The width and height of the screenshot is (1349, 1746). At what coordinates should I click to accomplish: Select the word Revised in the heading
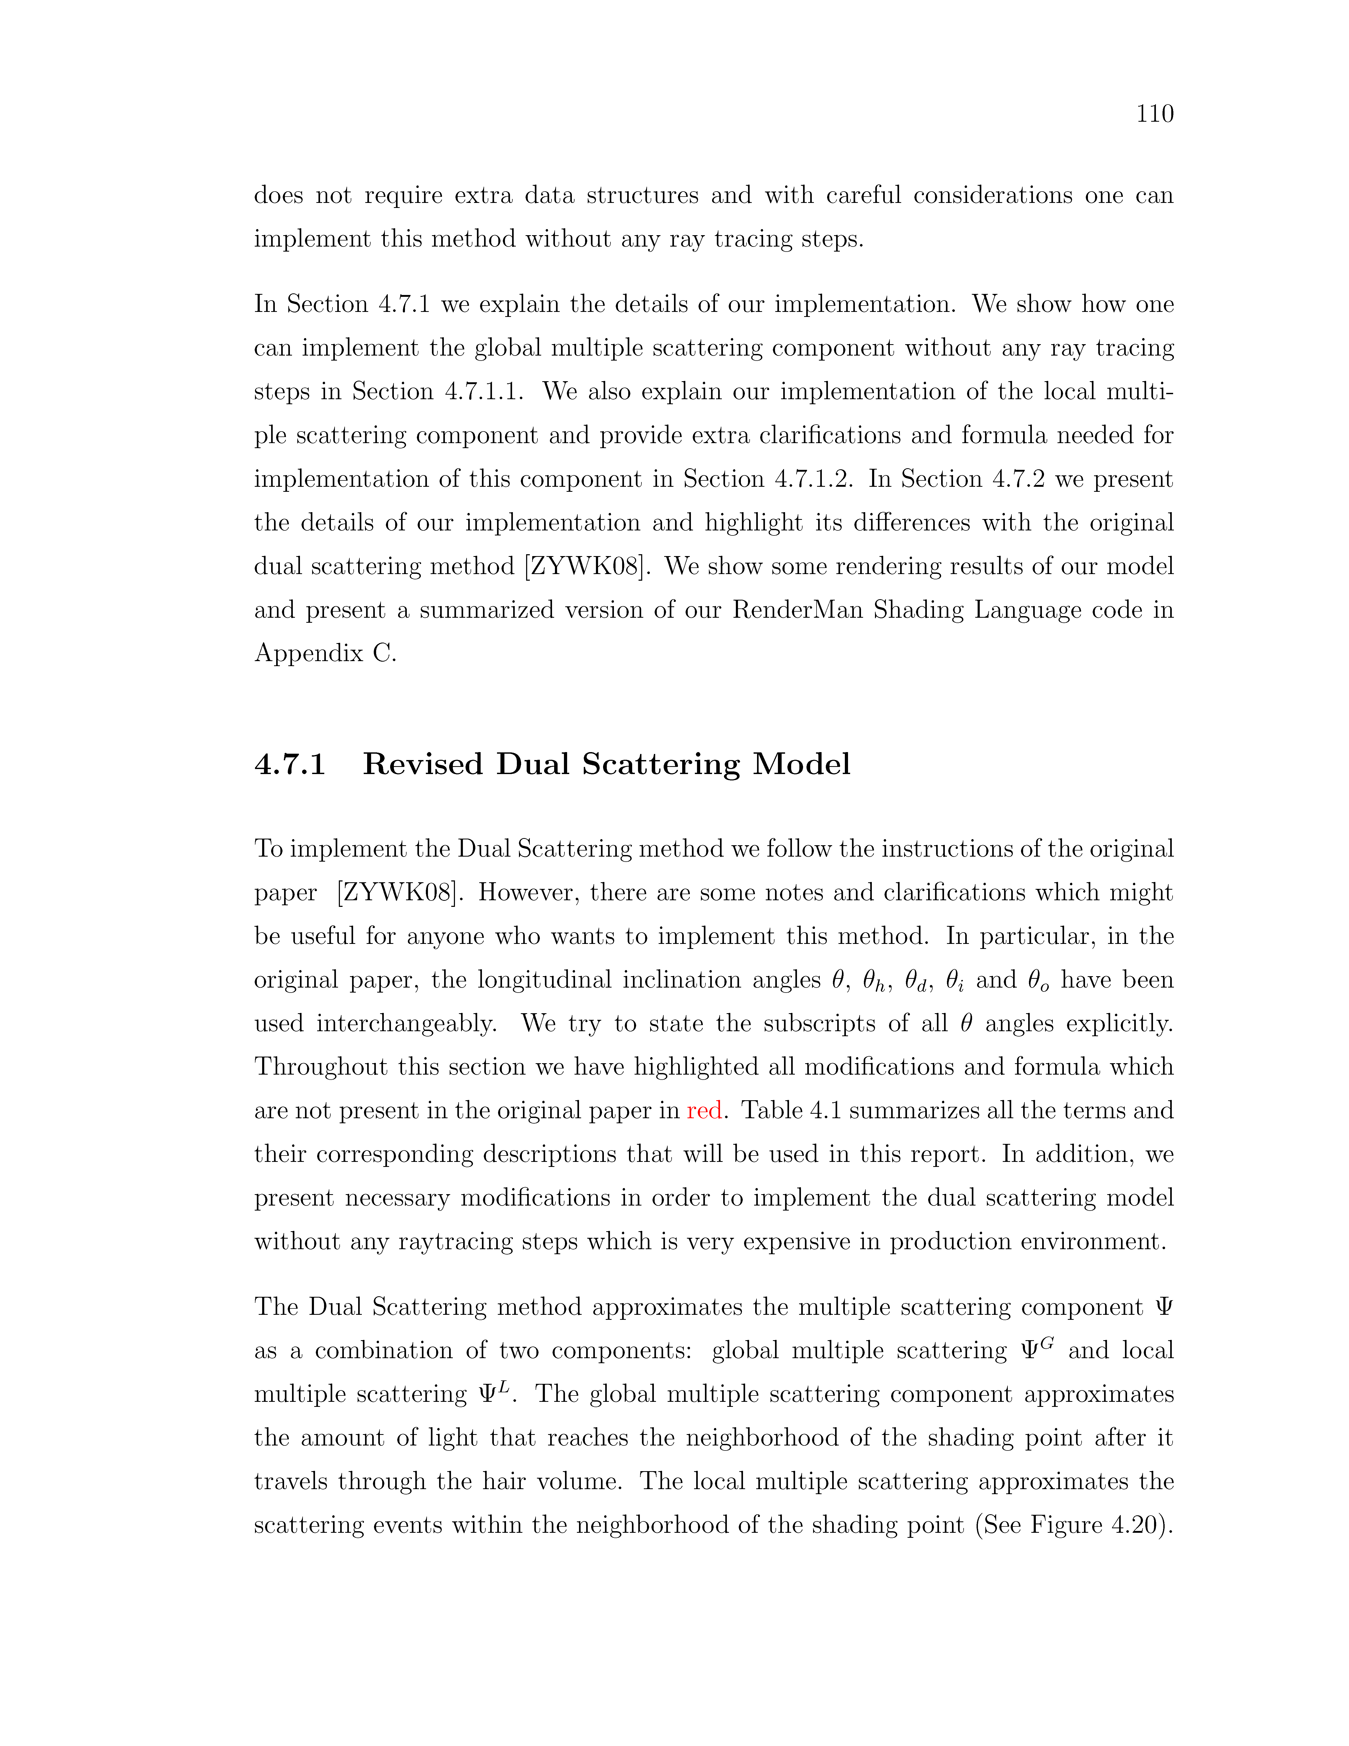pos(423,764)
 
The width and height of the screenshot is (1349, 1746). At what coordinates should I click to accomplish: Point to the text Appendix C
pos(325,654)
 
